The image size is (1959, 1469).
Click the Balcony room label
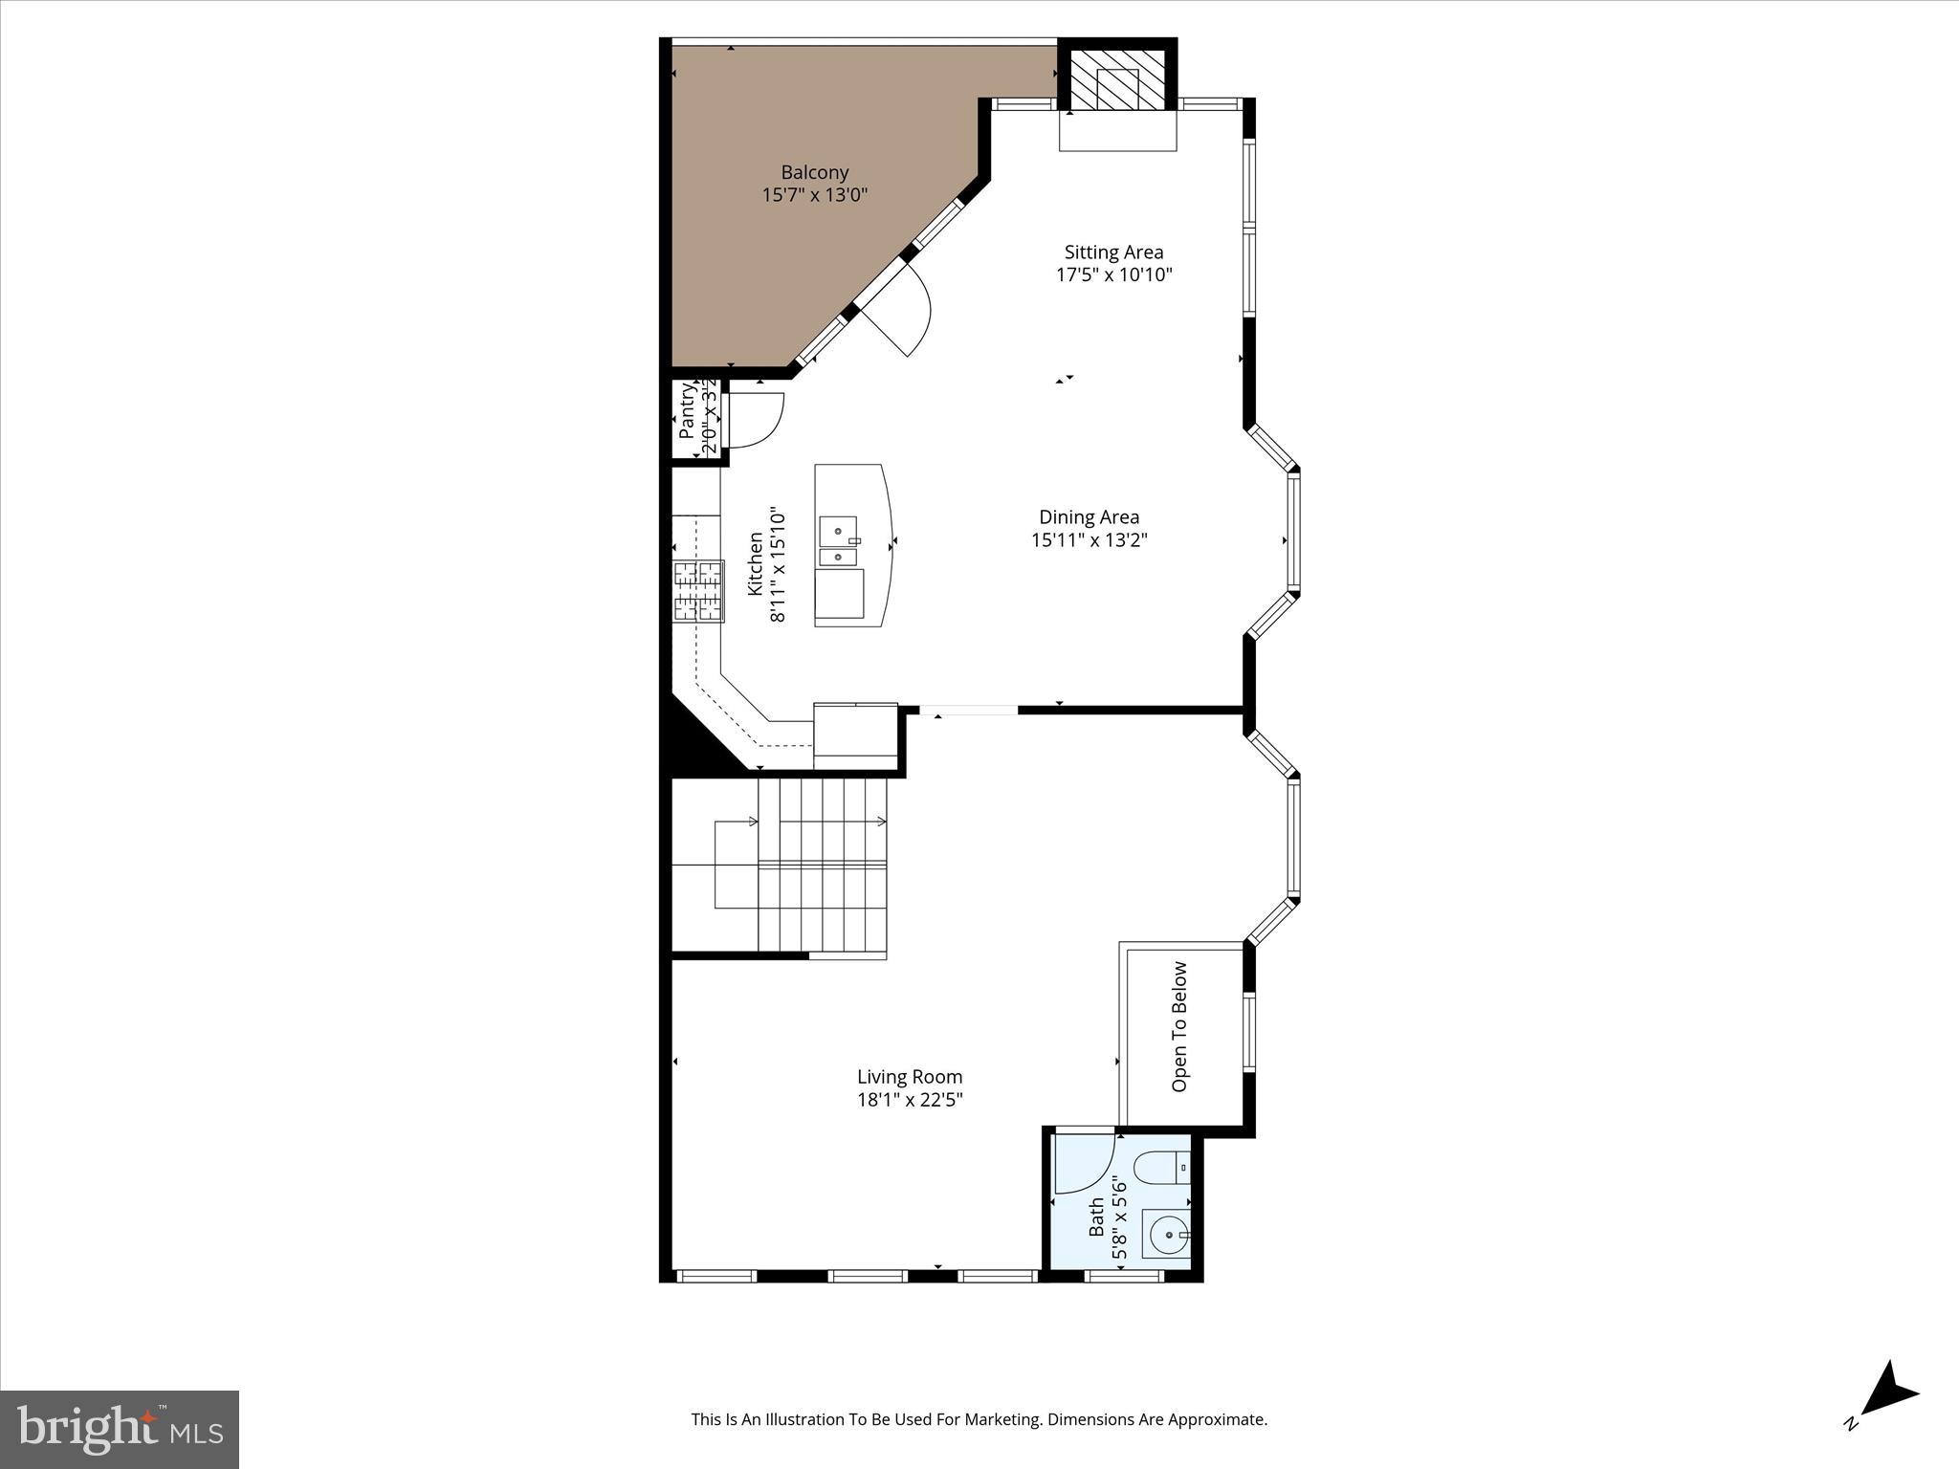click(x=814, y=172)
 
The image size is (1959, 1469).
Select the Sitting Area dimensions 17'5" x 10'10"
click(x=1113, y=275)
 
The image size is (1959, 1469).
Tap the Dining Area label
click(x=1089, y=517)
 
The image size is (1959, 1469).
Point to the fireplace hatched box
click(x=1117, y=78)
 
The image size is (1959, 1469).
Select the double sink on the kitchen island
click(x=838, y=542)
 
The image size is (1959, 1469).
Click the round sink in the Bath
click(x=1166, y=1235)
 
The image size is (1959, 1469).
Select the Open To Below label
click(x=1179, y=1026)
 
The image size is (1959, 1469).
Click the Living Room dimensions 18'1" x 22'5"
click(x=909, y=1100)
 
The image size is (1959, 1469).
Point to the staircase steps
click(x=823, y=866)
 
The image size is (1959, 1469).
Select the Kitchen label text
click(x=756, y=564)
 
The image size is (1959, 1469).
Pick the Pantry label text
click(x=687, y=411)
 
